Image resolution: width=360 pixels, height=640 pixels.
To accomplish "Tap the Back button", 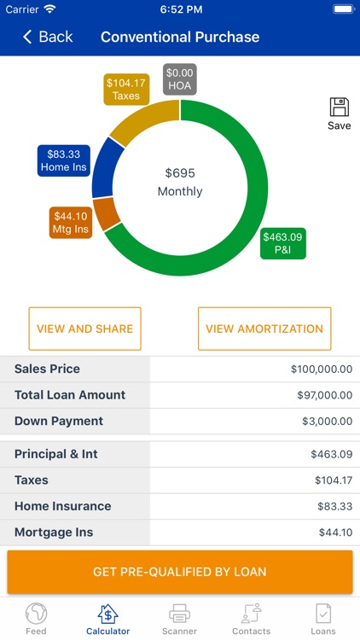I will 48,37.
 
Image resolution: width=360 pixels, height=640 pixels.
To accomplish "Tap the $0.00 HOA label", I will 180,79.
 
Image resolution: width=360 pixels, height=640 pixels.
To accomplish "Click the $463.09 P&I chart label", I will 283,243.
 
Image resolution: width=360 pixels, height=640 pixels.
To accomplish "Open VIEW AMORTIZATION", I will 264,329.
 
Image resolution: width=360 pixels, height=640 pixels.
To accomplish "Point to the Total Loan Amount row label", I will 70,395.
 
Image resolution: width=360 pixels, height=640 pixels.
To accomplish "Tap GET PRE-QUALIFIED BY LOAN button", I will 180,572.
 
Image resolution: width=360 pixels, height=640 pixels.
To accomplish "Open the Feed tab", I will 36,620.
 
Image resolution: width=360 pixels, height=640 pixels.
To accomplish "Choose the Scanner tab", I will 179,620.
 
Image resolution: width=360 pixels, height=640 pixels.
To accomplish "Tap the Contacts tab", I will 251,620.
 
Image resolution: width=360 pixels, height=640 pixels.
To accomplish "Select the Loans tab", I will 323,620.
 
